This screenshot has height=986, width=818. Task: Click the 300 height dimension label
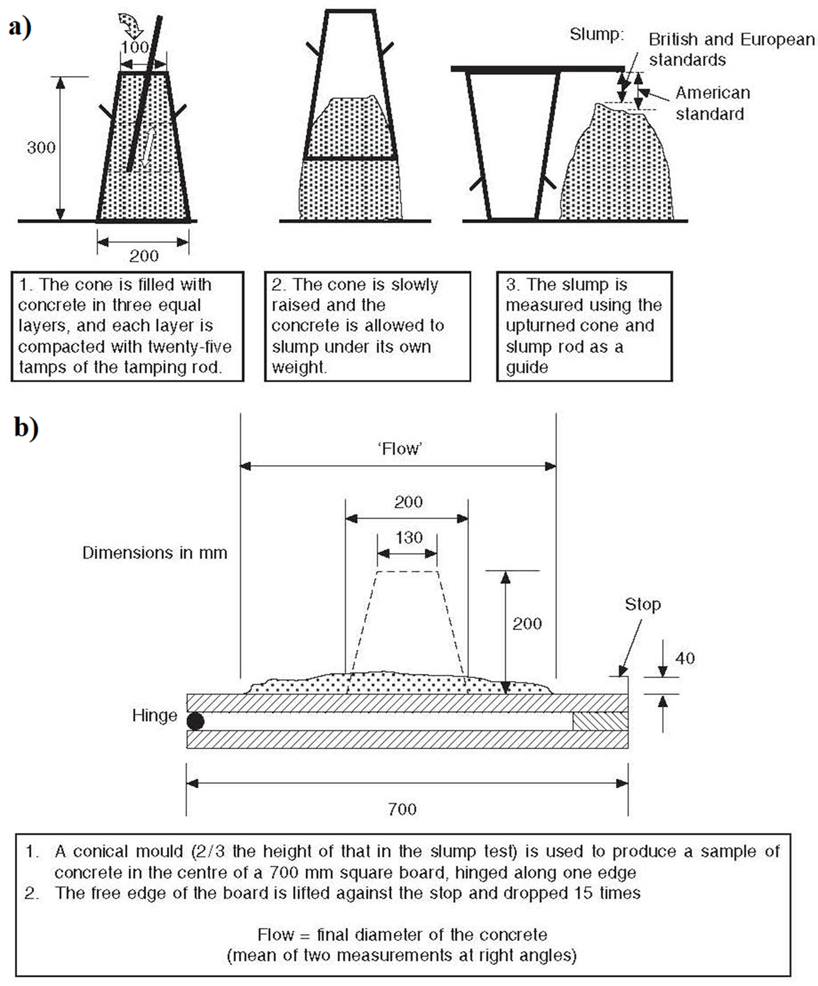tap(41, 147)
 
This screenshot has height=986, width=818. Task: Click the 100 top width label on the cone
tap(134, 47)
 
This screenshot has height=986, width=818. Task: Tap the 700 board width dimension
tap(402, 809)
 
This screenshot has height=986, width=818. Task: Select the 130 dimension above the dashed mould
tap(408, 537)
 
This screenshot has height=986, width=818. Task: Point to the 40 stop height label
tap(685, 658)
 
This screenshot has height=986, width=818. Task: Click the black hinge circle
tap(195, 721)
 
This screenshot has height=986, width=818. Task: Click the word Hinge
tap(154, 715)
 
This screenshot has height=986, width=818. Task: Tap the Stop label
tap(642, 604)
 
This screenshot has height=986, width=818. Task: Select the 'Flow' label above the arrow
tap(399, 449)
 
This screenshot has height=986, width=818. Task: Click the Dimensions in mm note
tap(154, 553)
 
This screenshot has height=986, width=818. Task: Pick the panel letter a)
tap(20, 27)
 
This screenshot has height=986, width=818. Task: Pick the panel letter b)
tap(26, 428)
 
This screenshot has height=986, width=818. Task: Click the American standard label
tap(712, 104)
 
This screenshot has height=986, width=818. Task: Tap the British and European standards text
tap(731, 49)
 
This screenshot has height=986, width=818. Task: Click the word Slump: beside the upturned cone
tap(596, 35)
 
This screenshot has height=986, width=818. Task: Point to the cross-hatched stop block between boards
tap(600, 721)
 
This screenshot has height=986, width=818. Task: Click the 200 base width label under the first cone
tap(143, 256)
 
